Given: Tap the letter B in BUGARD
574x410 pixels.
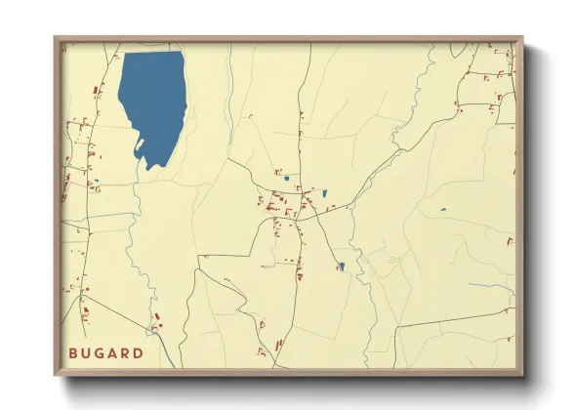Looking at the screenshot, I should [x=73, y=352].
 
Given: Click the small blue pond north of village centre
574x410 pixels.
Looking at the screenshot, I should [x=286, y=179].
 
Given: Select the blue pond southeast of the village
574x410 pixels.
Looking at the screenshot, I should [x=341, y=266].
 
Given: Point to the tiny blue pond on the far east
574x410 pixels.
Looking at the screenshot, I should [x=442, y=209].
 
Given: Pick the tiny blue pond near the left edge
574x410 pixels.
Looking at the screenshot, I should [x=96, y=180].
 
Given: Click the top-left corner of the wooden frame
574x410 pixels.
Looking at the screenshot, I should [x=56, y=38].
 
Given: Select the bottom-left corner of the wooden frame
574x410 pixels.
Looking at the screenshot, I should [x=56, y=375].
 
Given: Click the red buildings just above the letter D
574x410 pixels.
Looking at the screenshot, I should [x=156, y=322].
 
